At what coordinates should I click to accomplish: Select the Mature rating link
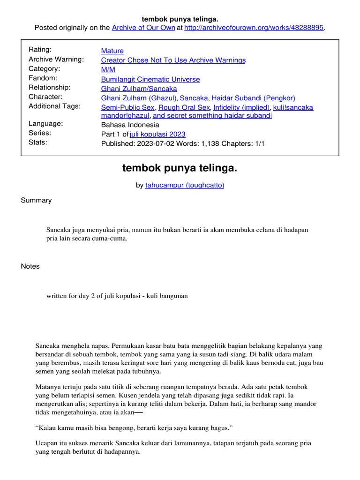tap(112, 51)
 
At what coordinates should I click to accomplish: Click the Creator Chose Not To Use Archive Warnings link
tap(173, 60)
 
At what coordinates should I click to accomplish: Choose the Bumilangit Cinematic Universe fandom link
tap(150, 79)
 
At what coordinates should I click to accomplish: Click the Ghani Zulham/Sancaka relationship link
tap(139, 88)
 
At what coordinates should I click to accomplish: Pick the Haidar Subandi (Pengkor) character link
tap(253, 98)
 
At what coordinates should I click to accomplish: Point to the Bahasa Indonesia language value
tap(130, 125)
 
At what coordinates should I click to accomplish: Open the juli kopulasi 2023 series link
tap(157, 134)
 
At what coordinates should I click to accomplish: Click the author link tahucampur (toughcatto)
tap(185, 185)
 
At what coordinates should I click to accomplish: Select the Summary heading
tap(36, 200)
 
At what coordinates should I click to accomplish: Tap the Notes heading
tap(30, 266)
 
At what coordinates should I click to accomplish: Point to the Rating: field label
tap(40, 50)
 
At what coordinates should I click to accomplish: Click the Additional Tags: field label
tap(54, 106)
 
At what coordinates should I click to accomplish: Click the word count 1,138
tap(207, 143)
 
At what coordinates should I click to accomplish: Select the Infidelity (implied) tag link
tap(241, 107)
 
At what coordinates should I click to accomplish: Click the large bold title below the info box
tap(180, 168)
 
